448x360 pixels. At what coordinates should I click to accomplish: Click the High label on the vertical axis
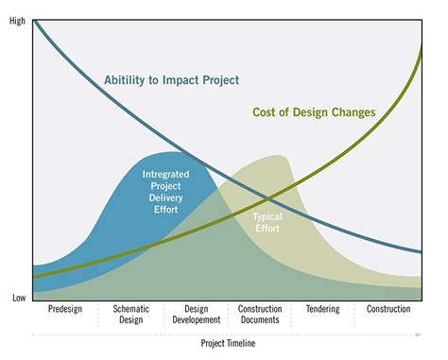click(17, 21)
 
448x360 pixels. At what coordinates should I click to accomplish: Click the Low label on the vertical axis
click(18, 298)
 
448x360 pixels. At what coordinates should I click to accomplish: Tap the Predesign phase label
click(65, 309)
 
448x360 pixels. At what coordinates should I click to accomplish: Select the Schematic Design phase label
click(130, 315)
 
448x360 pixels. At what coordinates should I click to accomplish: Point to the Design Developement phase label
click(196, 315)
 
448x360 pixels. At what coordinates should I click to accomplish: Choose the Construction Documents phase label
click(260, 315)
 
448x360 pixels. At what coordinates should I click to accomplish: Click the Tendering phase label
click(323, 309)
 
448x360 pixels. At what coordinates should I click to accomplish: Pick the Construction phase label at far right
click(388, 309)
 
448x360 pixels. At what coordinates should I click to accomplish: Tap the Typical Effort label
click(267, 222)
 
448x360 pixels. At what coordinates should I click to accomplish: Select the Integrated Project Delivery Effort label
click(166, 192)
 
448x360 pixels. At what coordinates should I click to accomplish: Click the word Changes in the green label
click(353, 112)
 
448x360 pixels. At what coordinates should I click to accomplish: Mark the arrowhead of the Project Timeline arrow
click(419, 334)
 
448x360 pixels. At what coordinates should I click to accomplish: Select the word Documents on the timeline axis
click(260, 320)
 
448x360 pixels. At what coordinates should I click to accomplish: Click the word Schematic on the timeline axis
click(130, 309)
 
